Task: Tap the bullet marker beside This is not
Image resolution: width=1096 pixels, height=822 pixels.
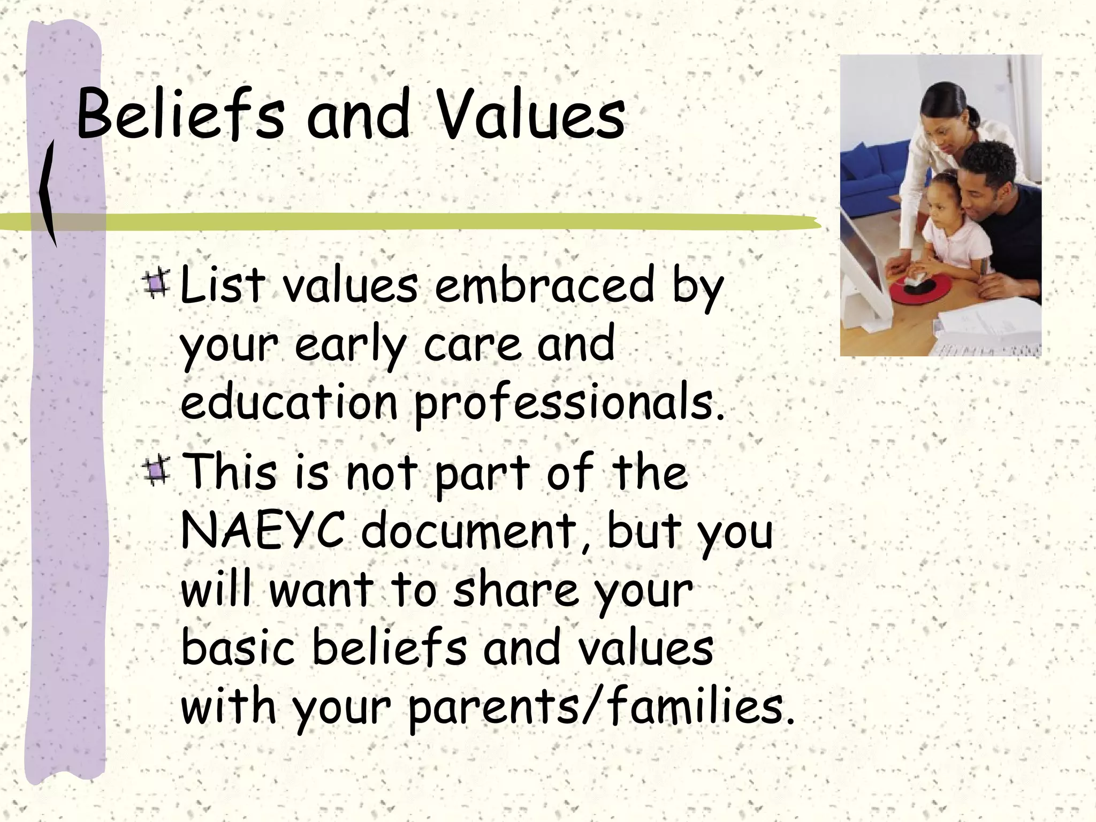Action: (157, 470)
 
